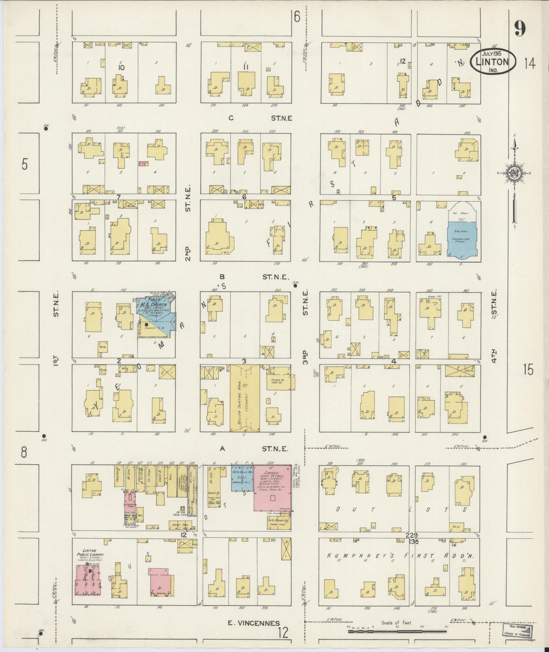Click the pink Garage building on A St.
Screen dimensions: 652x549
click(x=272, y=488)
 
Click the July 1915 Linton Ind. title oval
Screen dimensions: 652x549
click(x=493, y=62)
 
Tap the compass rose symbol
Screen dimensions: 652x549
click(x=514, y=173)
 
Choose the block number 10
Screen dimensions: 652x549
click(x=122, y=67)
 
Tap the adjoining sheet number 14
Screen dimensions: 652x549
click(x=530, y=64)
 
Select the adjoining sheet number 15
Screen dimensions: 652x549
click(x=528, y=369)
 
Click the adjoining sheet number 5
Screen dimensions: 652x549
click(x=25, y=165)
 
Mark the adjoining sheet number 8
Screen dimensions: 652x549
click(x=24, y=453)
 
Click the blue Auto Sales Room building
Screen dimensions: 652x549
click(x=242, y=477)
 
